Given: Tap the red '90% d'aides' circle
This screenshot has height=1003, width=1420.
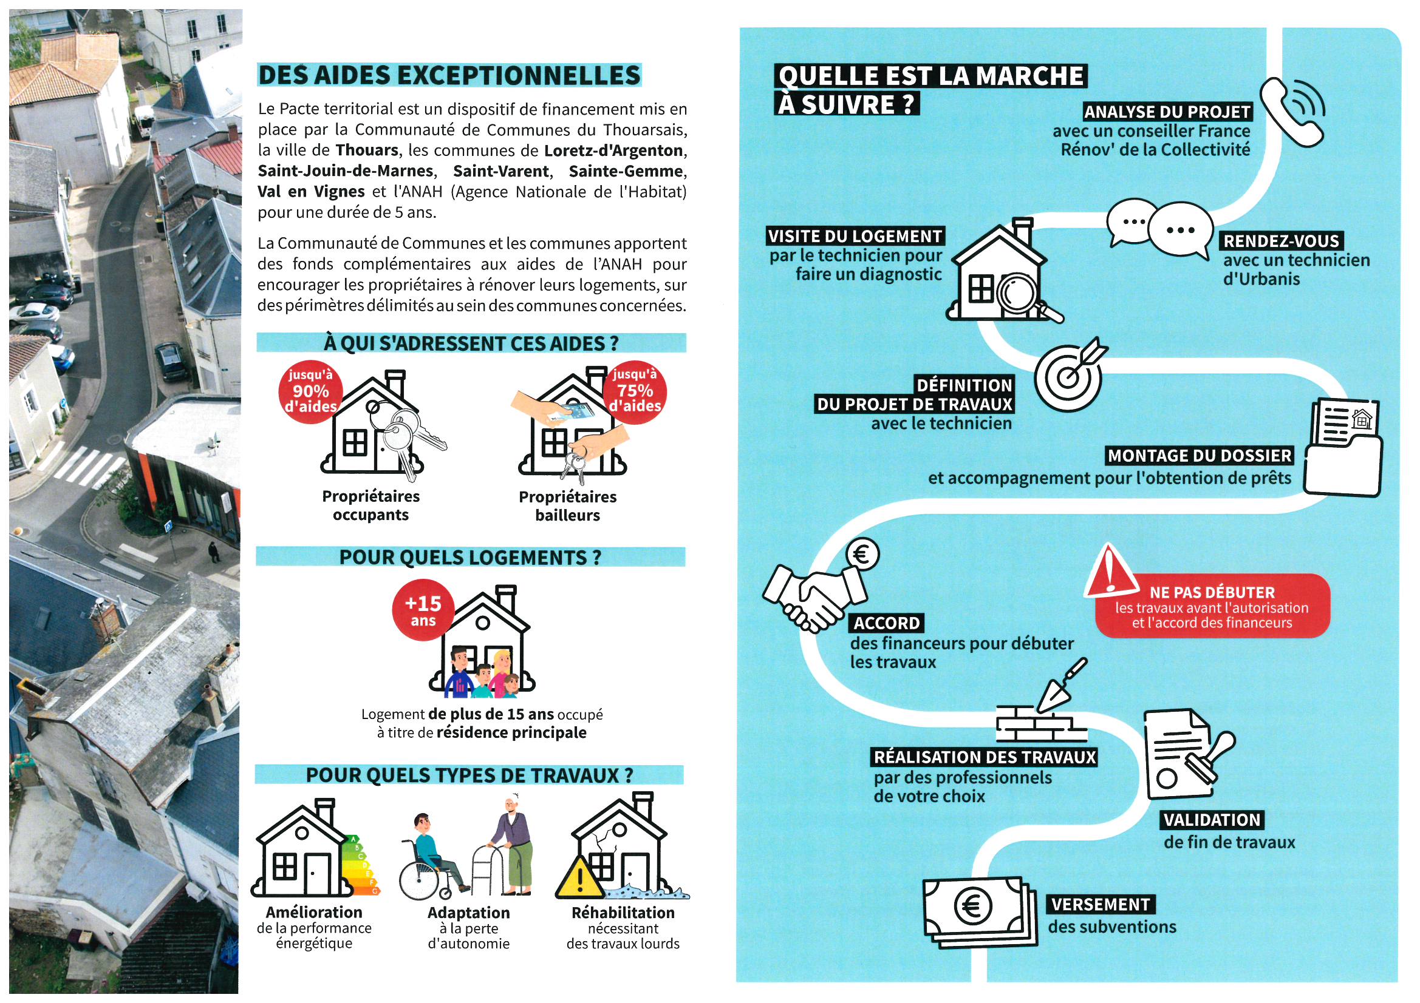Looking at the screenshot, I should (x=310, y=391).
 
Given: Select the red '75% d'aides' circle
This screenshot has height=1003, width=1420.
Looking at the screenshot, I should (x=635, y=391).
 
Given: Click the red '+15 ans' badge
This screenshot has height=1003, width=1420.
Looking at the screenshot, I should (x=423, y=610).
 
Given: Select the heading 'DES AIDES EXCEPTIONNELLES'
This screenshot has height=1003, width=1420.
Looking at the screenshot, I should (x=449, y=75).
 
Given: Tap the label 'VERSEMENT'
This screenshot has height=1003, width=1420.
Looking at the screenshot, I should (x=1101, y=905).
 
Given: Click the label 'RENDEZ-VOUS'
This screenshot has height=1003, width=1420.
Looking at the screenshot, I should (x=1281, y=241).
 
